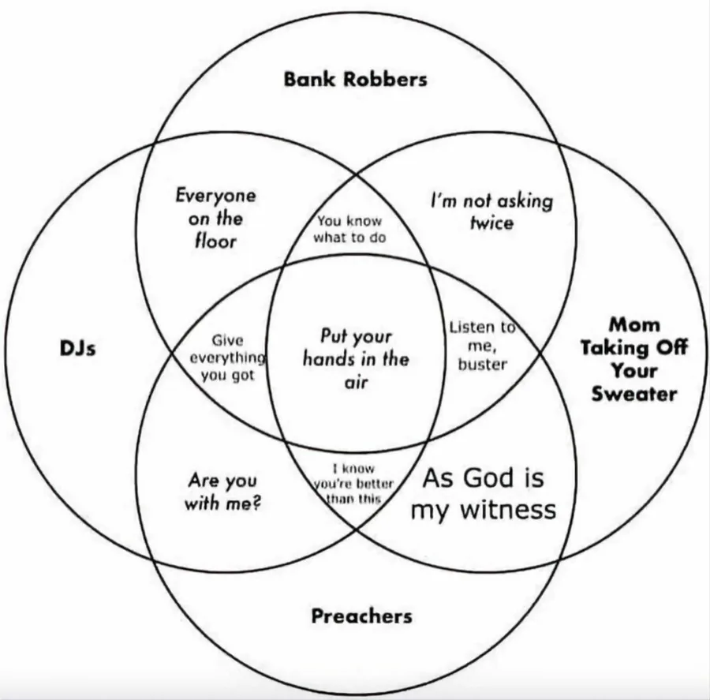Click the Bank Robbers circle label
(x=355, y=79)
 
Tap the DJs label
(x=77, y=348)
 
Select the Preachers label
(x=361, y=615)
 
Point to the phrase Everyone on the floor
(x=215, y=217)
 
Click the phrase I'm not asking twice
(x=491, y=211)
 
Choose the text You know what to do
(x=349, y=230)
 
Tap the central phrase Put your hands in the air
(x=356, y=359)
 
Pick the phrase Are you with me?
(x=222, y=491)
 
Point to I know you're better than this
(x=353, y=484)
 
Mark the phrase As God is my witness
(x=483, y=493)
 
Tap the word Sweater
(x=634, y=394)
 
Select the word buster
(x=482, y=365)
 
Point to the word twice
(x=491, y=223)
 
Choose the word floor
(x=215, y=240)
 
